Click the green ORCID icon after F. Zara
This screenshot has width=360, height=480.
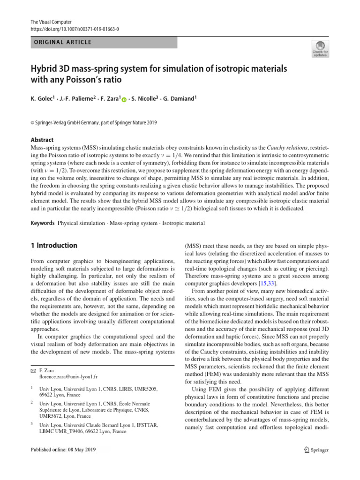[123, 99]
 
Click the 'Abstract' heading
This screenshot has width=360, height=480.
[42, 140]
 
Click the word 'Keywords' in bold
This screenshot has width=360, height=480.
[43, 223]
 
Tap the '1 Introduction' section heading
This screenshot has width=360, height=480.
[54, 246]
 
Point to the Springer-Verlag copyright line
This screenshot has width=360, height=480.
[94, 123]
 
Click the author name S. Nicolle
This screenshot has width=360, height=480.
[148, 99]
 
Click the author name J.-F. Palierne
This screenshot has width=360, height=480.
[80, 99]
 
